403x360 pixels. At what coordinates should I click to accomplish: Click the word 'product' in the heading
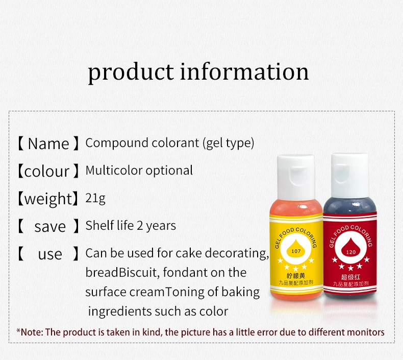click(131, 71)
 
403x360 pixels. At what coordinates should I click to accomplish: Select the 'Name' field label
click(48, 143)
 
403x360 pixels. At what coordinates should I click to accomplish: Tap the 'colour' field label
click(47, 171)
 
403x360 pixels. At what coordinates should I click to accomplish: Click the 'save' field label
click(49, 226)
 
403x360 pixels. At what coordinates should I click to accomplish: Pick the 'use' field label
click(50, 254)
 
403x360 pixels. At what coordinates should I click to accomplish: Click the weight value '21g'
click(95, 198)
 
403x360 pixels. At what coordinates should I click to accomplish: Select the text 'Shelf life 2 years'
click(131, 226)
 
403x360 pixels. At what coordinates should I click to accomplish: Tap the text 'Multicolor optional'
click(139, 171)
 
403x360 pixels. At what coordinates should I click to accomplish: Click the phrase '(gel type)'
click(228, 143)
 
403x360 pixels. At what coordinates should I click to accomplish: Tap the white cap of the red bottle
click(349, 170)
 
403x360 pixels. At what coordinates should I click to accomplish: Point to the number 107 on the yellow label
click(294, 251)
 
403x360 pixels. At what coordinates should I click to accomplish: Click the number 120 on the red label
click(350, 252)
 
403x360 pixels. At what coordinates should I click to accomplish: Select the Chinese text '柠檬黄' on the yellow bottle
click(294, 276)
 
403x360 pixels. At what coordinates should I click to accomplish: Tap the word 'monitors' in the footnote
click(365, 332)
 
